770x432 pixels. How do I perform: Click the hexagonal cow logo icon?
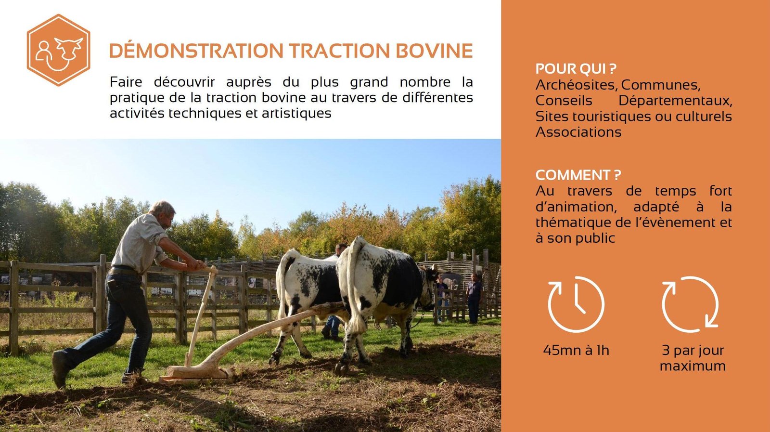click(58, 50)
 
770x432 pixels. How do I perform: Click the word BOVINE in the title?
click(434, 51)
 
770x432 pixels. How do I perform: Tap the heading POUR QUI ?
click(576, 69)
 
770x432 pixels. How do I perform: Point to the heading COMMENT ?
click(578, 175)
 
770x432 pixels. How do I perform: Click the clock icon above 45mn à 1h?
click(576, 304)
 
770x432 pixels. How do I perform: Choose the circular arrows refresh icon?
click(690, 304)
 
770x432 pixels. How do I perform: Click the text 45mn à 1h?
click(576, 351)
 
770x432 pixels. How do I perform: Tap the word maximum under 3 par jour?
click(693, 366)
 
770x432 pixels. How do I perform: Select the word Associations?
click(578, 132)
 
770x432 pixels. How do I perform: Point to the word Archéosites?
click(576, 85)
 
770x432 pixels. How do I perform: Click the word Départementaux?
click(675, 101)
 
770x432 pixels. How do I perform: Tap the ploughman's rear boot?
click(61, 369)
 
